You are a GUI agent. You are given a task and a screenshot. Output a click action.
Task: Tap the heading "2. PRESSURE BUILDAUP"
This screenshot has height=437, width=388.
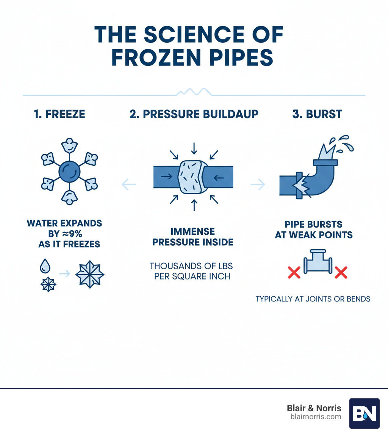tap(194, 114)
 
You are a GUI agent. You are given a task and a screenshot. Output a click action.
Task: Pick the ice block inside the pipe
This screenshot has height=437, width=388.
tap(191, 177)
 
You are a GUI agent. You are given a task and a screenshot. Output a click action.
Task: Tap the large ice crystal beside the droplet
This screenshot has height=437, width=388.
tap(89, 275)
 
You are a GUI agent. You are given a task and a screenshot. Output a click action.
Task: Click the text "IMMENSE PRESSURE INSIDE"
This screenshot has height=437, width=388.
tap(192, 237)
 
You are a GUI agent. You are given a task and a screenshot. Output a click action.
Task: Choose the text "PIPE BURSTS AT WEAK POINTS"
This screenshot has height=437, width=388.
tap(313, 229)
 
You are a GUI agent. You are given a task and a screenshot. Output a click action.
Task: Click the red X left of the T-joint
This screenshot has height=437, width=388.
tap(294, 272)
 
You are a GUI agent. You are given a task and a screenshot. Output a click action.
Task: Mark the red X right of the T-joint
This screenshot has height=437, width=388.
tap(341, 272)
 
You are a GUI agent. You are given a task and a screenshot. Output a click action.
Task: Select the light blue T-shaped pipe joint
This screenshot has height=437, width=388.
tap(318, 261)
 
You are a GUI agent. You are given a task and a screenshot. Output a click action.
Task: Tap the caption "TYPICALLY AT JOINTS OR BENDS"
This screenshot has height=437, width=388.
tap(313, 299)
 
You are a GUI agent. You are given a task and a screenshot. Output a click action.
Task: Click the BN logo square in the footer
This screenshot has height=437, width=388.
tap(364, 413)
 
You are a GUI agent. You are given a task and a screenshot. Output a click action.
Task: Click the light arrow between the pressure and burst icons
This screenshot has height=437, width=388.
tap(258, 184)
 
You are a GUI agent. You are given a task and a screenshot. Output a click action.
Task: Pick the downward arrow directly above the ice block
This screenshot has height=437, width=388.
tap(194, 148)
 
